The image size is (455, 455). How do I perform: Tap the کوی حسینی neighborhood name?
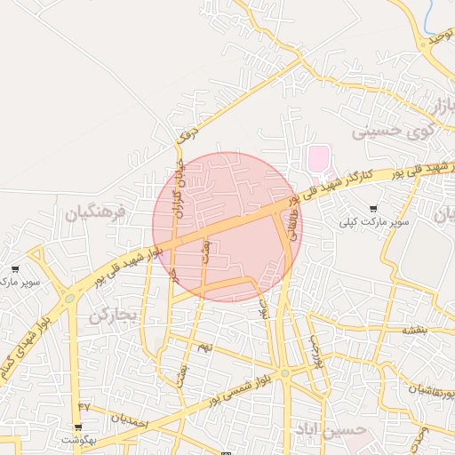pos(395,132)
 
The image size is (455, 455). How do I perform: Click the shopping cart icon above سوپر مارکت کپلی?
pos(373,208)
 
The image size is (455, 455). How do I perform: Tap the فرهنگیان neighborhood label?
pos(96,213)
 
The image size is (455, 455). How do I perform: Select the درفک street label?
pos(186,134)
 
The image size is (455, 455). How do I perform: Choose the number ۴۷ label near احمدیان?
pos(84,405)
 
